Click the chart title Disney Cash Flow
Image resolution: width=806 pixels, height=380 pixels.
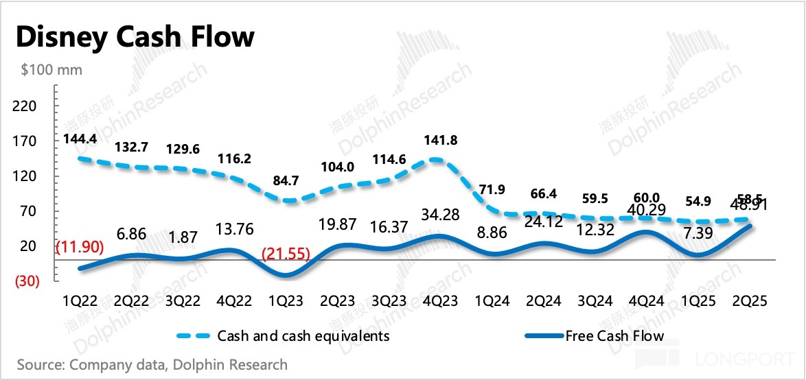[x=135, y=37]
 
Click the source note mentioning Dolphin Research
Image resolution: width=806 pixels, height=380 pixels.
[x=152, y=364]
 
